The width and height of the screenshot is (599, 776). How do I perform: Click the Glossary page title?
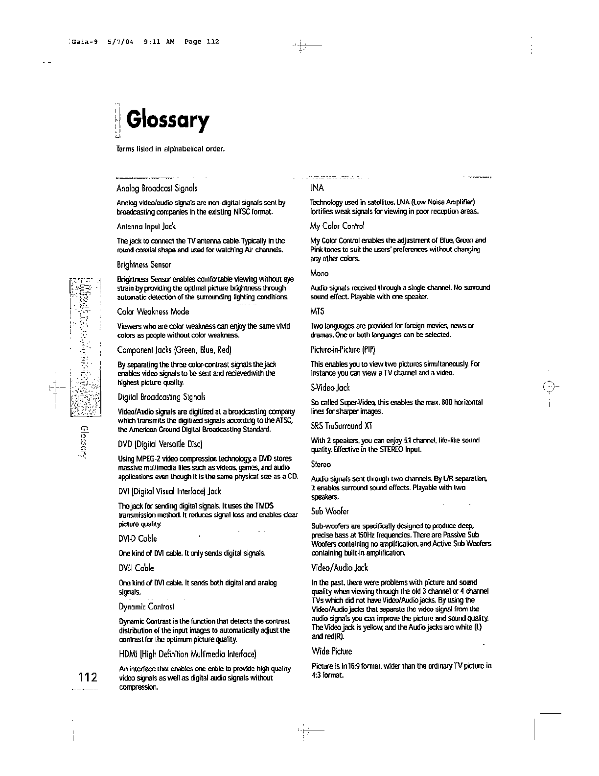[167, 121]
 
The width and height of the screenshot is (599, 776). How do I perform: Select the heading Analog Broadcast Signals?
[157, 188]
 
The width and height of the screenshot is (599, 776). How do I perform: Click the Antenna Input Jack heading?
[146, 226]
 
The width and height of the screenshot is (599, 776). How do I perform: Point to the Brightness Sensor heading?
[144, 265]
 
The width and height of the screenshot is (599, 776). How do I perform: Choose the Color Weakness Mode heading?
[153, 312]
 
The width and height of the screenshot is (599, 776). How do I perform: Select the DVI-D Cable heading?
[138, 539]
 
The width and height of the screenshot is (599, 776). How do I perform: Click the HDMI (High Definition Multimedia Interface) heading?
[187, 654]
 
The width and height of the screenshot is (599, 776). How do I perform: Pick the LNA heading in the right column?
[317, 188]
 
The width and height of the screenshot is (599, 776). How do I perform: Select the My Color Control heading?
[338, 226]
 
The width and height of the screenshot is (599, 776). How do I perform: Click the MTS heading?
[317, 312]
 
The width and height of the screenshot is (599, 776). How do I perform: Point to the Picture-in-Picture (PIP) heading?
[343, 350]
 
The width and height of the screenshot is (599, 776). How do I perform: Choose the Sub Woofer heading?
[330, 511]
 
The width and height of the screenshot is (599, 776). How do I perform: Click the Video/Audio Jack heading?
[340, 568]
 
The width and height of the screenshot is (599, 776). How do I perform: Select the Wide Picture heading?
[332, 651]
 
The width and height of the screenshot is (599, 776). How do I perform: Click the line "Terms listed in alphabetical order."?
[170, 148]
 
